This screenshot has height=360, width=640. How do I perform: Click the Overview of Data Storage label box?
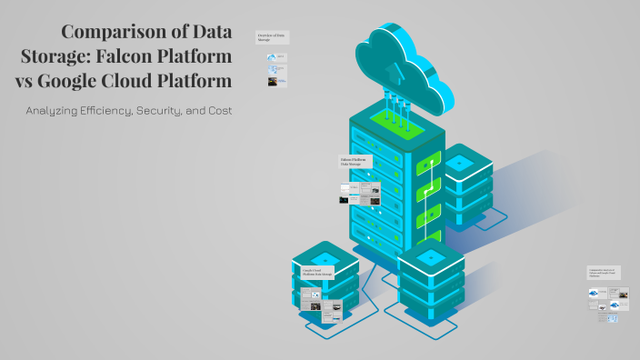coord(272,37)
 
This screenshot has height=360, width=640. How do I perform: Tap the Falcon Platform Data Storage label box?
coord(355,161)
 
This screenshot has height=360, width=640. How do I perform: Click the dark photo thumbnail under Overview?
coord(272,81)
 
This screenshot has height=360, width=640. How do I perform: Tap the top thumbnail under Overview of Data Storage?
coord(272,57)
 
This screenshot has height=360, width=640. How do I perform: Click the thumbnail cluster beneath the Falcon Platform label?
coord(360,192)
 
